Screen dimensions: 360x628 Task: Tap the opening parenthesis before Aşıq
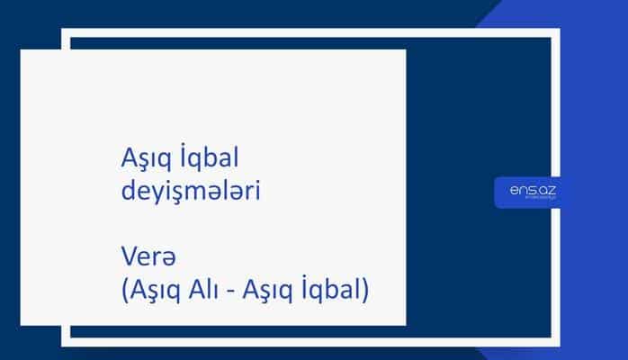click(x=123, y=290)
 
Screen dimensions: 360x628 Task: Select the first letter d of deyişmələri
click(x=127, y=191)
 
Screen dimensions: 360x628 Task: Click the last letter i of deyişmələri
click(x=259, y=191)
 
